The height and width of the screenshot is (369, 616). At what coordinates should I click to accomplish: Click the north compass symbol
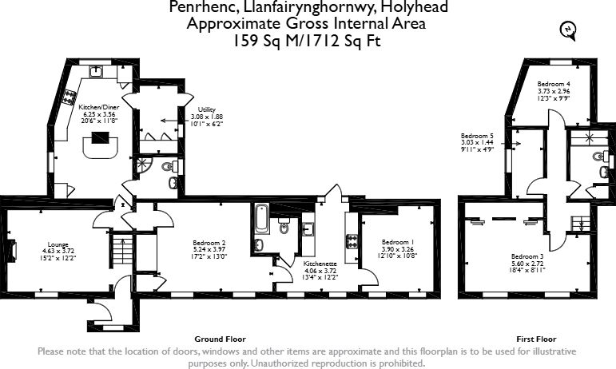pos(569,30)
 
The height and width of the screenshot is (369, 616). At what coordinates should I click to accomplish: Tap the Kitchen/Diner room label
pos(99,114)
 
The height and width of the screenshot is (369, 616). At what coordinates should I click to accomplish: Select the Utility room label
pos(207,117)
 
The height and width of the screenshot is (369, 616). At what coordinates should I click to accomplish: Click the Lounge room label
pos(58,252)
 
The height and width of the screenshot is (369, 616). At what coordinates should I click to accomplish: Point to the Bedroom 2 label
pos(209,250)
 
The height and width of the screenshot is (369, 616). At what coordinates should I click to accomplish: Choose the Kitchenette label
pos(320,271)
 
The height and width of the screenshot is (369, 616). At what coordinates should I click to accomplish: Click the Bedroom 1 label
pos(398,249)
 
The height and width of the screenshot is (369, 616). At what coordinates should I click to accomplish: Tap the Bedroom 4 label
pos(554,91)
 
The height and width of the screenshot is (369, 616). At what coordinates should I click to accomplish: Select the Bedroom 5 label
pos(477,142)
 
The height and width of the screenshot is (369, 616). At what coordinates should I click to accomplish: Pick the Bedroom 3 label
pos(527,263)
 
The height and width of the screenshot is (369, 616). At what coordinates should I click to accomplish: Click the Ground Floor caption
pos(220,339)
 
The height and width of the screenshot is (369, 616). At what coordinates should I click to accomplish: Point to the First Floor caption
pos(536,339)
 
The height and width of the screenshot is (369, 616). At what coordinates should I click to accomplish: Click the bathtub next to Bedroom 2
pos(261,219)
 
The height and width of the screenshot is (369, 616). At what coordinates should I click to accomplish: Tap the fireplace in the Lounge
pos(12,251)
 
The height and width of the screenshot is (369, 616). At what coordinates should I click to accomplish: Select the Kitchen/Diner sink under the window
pos(96,72)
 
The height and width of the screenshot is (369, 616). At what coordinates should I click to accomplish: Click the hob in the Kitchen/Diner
pos(69,97)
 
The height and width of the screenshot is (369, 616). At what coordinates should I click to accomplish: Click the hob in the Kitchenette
pos(352,241)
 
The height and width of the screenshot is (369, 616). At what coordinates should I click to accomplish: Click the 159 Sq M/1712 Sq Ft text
pos(308,41)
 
